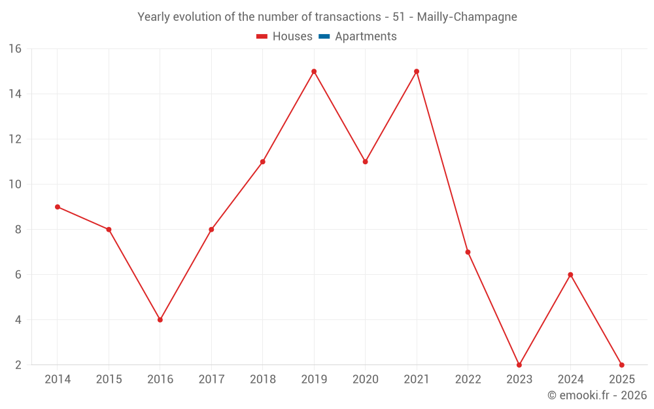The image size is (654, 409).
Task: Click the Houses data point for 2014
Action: coord(58,207)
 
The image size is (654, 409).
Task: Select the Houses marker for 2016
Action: coord(160,320)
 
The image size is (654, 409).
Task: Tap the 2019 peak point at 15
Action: coord(314,71)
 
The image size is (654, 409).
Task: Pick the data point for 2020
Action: coord(365,162)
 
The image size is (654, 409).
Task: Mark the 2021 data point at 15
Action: coord(417,71)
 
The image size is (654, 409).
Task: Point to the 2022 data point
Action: coord(468,252)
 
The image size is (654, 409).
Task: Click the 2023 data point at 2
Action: coord(519,365)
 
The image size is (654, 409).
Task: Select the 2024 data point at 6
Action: coord(570,275)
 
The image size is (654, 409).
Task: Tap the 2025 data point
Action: coord(621,365)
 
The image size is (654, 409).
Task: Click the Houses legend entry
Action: coord(284,37)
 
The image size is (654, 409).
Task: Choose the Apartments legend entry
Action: coord(358,37)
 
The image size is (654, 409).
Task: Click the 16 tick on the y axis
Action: coord(15,49)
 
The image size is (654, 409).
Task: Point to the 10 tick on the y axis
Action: coord(15,185)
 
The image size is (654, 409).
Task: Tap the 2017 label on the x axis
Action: coord(211,380)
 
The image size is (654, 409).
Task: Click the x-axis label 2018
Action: coord(263,380)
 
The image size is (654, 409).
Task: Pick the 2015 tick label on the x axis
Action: coord(109,380)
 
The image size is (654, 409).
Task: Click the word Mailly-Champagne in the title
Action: coord(467,17)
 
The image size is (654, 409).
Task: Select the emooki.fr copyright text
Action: coord(597,395)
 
